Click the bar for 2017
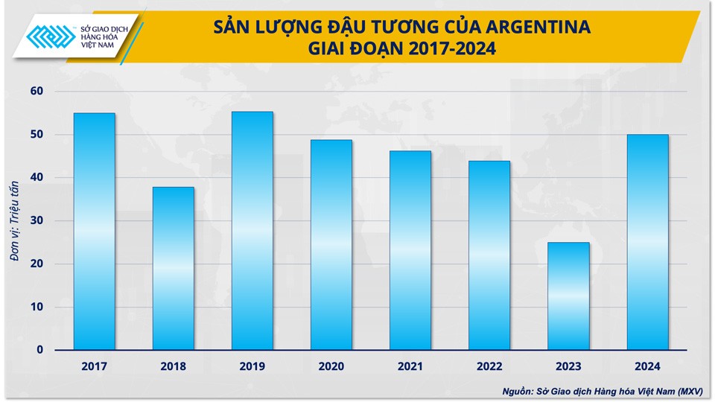pos(95,232)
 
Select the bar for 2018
pos(174,268)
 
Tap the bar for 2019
pos(252,231)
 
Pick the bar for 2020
pos(331,245)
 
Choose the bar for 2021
pos(410,250)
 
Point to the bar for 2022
pos(489,255)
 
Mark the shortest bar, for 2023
pos(568,296)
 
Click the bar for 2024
pos(647,242)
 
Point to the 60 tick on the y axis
pos(37,92)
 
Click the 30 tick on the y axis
pos(37,220)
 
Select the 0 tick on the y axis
pos(40,350)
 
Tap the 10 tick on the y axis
pos(37,307)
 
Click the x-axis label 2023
pos(568,366)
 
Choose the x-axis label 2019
pos(252,366)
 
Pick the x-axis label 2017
pos(95,366)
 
